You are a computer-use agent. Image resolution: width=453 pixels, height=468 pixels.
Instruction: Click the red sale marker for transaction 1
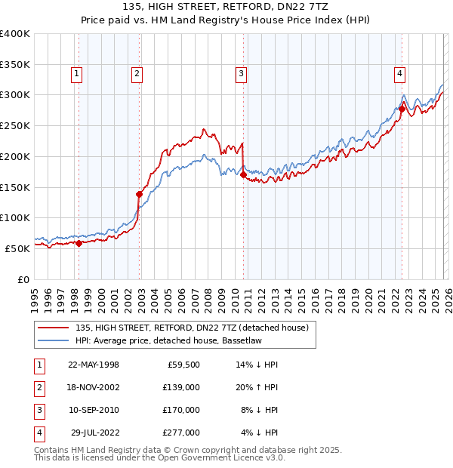point(79,243)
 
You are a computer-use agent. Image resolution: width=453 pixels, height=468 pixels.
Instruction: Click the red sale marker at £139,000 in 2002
point(139,194)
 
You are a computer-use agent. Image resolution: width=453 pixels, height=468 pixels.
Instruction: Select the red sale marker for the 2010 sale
point(243,175)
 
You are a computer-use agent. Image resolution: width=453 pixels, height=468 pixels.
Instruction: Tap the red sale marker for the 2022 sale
point(402,109)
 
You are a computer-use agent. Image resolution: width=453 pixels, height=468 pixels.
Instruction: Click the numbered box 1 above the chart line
point(78,73)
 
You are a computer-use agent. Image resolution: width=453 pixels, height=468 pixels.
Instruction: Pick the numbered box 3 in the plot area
point(241,73)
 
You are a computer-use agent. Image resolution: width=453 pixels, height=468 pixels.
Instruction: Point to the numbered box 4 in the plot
point(399,73)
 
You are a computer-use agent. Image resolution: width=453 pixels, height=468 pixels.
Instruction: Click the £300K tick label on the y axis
point(15,95)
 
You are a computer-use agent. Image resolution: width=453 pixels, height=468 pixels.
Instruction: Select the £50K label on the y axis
point(17,248)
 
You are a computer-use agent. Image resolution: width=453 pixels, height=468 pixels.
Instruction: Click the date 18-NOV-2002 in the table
point(94,386)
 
